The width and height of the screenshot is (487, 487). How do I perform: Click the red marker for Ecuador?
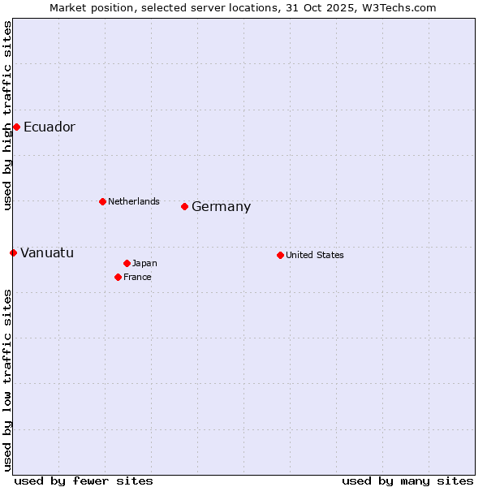tap(16, 127)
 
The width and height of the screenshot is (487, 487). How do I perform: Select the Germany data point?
tap(185, 206)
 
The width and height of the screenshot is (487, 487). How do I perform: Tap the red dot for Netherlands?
tap(102, 201)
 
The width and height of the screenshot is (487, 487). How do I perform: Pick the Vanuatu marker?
tap(13, 252)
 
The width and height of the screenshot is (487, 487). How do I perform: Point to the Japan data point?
tap(127, 263)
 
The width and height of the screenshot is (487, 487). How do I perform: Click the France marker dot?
tap(119, 277)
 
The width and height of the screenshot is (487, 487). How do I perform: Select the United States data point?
tap(280, 255)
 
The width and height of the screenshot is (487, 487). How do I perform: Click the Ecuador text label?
tap(49, 127)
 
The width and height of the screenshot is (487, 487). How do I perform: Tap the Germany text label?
tap(221, 207)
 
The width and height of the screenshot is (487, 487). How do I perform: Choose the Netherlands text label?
tap(133, 201)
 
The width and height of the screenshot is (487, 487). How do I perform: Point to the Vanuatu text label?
tap(47, 253)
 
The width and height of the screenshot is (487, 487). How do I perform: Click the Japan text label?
tap(144, 263)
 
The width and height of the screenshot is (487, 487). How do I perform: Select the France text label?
tap(137, 277)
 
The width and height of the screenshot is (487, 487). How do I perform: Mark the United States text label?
tap(314, 255)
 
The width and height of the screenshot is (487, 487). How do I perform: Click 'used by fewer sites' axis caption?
tap(84, 481)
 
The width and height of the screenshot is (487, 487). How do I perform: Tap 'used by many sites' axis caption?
tap(407, 481)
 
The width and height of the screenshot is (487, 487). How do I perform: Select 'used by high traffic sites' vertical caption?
tap(7, 115)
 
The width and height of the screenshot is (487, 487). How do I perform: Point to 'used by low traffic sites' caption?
tap(7, 380)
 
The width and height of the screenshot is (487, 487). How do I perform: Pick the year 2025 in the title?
tap(346, 7)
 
